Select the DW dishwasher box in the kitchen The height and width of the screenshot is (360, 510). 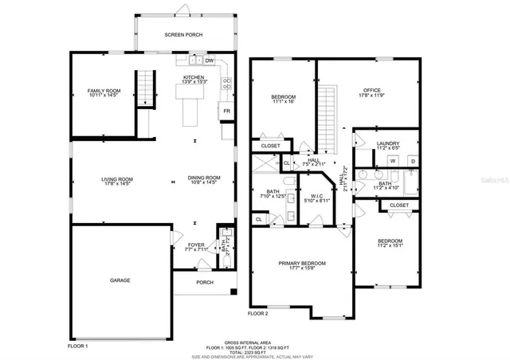[x=209, y=61]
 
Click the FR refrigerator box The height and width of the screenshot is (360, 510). [x=226, y=111]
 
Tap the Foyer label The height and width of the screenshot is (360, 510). [x=196, y=246]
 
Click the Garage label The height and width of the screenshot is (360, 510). [x=120, y=280]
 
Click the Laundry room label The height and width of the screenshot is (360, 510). [x=388, y=145]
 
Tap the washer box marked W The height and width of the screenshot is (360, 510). [x=392, y=161]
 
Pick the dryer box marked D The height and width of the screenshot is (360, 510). [x=412, y=161]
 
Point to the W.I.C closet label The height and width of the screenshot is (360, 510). [x=314, y=199]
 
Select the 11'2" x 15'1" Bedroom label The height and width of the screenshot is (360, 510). [x=390, y=243]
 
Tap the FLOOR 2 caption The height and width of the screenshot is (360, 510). [x=259, y=314]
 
